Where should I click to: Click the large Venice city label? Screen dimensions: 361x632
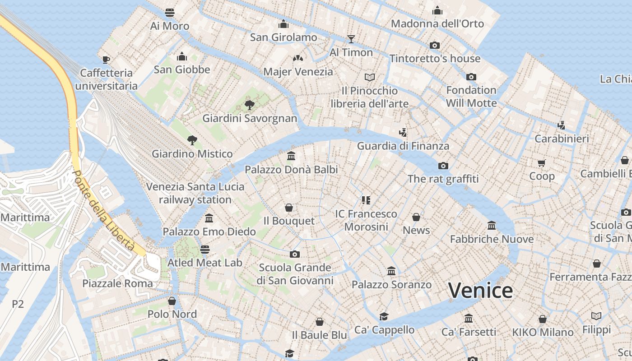coord(480,290)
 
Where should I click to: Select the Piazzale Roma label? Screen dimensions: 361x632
coord(117,283)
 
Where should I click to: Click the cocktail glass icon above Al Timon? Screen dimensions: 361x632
coord(351,39)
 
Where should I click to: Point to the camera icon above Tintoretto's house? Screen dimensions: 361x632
coord(435,45)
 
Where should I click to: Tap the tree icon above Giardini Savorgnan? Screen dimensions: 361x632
coord(249,105)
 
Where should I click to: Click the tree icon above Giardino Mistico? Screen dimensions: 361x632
coord(192,140)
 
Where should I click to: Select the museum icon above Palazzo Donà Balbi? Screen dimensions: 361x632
coord(291,156)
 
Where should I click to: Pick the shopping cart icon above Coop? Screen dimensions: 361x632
coord(541,162)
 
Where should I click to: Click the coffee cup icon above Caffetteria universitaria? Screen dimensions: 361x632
coord(106,60)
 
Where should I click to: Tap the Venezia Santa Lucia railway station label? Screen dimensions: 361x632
coord(195,193)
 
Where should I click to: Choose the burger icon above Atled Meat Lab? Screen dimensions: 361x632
coord(204,249)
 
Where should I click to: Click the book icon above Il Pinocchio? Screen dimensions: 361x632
coord(370,77)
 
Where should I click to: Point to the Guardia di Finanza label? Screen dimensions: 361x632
coord(403,146)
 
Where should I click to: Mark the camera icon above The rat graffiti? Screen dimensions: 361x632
coord(443,166)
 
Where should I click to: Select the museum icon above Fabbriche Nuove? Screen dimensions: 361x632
coord(492,225)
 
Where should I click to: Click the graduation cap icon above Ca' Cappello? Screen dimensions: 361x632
coord(384,316)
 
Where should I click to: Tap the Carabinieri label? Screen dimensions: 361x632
coord(562,139)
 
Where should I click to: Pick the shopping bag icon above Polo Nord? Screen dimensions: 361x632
coord(172,301)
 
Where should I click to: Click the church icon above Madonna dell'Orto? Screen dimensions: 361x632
coord(437,11)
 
